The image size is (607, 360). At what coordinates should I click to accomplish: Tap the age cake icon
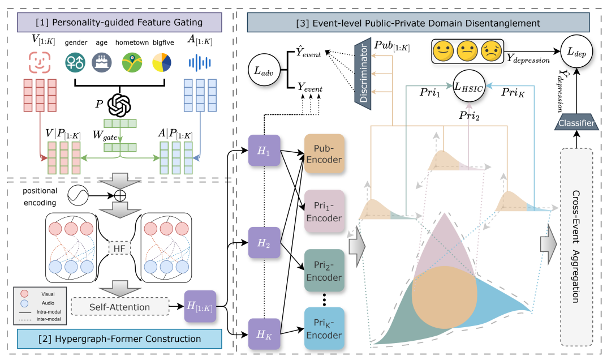click(102, 62)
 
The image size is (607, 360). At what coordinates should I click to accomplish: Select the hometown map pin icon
click(132, 62)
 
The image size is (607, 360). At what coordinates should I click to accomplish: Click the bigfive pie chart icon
click(162, 62)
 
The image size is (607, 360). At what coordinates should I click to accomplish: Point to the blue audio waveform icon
click(199, 62)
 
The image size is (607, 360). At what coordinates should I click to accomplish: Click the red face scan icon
click(38, 62)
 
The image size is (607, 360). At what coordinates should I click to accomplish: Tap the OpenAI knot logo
click(119, 104)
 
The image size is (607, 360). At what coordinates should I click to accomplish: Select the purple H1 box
click(264, 151)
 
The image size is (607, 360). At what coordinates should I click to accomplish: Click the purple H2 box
click(264, 242)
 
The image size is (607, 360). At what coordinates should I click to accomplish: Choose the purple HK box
click(264, 335)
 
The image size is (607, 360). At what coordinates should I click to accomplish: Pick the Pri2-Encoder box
click(325, 269)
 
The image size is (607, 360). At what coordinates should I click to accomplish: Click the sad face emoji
click(492, 52)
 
